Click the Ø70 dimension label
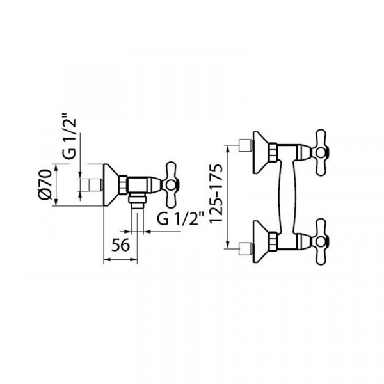pos(46,184)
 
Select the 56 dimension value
pos(120,245)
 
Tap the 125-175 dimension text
pos(216,193)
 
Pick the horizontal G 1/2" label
pos(180,218)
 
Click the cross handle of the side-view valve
pos(171,184)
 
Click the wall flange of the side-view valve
pos(111,184)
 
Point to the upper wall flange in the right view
pos(260,152)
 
